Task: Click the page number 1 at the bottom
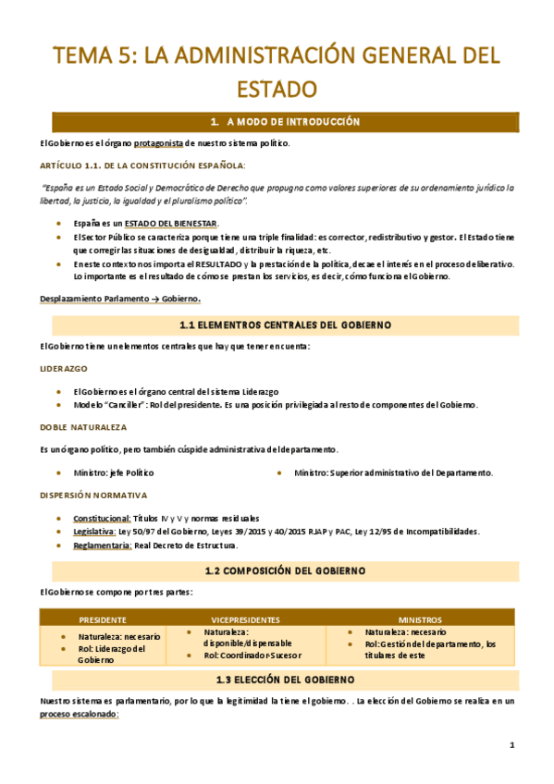click(512, 745)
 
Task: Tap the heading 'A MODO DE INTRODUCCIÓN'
click(284, 122)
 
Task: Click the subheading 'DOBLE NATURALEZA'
click(83, 427)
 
